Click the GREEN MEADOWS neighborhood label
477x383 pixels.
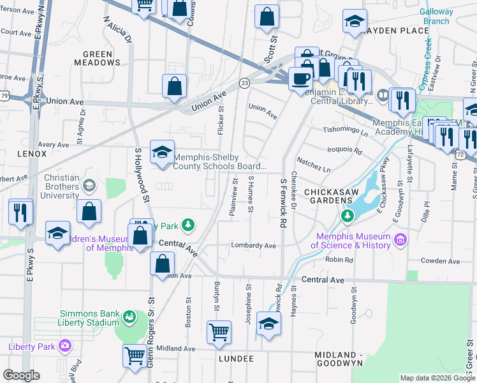click(97, 59)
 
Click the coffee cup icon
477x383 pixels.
click(299, 80)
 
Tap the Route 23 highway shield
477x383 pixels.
click(244, 82)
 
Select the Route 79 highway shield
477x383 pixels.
click(4, 95)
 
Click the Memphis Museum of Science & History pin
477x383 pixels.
click(400, 240)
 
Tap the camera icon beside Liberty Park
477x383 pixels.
click(64, 347)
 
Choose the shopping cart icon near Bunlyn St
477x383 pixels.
click(219, 332)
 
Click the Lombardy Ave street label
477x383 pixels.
click(254, 245)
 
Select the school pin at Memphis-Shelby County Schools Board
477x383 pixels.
click(162, 153)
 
